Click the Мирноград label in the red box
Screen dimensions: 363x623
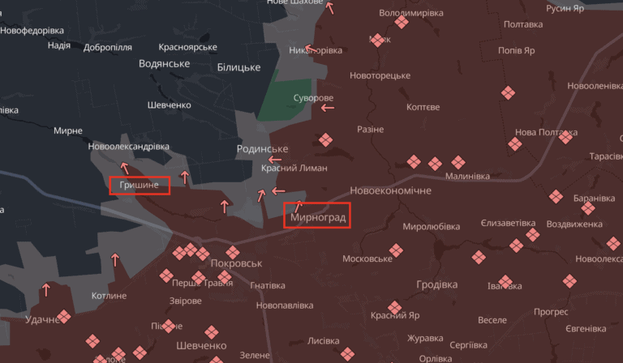tap(317, 218)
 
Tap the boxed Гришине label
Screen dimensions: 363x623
tap(140, 186)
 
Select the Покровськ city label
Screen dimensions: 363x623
tap(236, 264)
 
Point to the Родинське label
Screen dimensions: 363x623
tap(262, 149)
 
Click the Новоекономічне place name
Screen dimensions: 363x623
tap(390, 190)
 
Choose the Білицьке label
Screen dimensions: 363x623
tap(238, 67)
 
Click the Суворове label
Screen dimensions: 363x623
tap(312, 98)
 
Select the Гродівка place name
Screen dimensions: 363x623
tap(436, 284)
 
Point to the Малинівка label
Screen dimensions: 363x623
tap(468, 176)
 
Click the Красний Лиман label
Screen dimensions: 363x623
tap(294, 168)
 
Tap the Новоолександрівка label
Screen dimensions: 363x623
tap(129, 147)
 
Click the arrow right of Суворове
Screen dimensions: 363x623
tap(327, 107)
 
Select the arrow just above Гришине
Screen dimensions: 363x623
tap(124, 168)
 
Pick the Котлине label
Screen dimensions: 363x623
tap(109, 296)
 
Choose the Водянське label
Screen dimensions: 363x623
tap(164, 63)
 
